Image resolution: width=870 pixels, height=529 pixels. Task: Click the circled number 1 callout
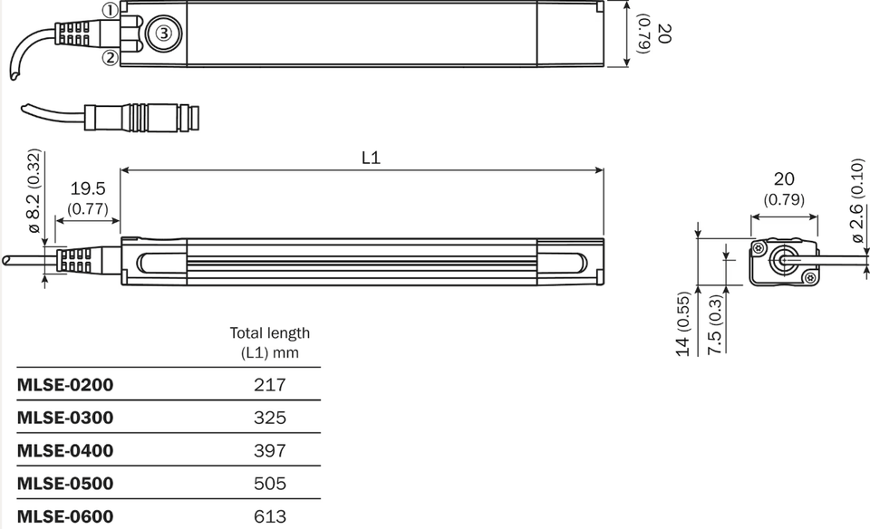coord(111,10)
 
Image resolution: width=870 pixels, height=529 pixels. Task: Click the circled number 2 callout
coord(111,58)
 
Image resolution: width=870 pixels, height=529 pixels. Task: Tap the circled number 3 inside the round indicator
coord(164,34)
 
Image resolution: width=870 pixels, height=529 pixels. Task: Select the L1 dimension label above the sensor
coord(371,158)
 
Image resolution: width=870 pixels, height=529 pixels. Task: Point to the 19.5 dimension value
coord(88,188)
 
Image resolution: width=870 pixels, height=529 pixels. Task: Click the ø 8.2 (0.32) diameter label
coord(34,191)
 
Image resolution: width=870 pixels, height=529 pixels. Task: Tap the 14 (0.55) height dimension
coord(683,324)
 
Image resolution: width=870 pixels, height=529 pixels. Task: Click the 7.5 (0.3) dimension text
coord(715,325)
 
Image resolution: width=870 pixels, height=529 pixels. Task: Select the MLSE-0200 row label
coord(65,385)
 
